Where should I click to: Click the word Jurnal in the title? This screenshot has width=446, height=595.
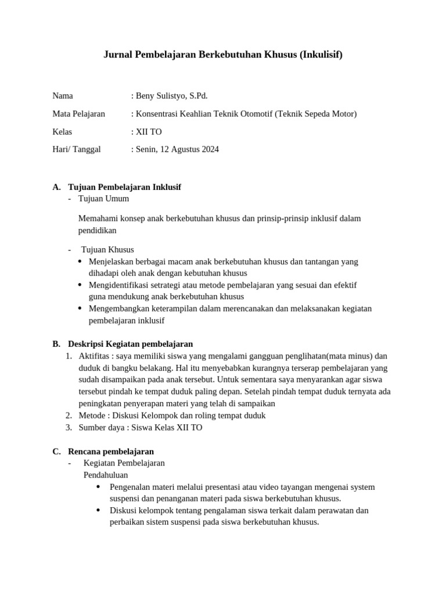[x=117, y=55]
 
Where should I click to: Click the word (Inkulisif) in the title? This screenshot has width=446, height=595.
[x=321, y=55]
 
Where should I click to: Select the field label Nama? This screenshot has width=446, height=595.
[x=63, y=96]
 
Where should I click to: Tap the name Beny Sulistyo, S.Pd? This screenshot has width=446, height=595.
[x=171, y=96]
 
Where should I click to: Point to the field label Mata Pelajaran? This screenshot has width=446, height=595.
[x=78, y=114]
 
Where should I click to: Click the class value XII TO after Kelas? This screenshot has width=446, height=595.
[x=149, y=132]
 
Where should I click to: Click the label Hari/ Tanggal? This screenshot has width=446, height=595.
[x=76, y=149]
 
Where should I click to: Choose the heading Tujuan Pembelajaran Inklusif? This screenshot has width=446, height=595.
[x=124, y=187]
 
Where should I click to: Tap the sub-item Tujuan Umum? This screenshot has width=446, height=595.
[x=103, y=199]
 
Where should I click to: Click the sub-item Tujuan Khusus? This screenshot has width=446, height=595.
[x=107, y=250]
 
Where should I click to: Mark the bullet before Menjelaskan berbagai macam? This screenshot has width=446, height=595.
[x=80, y=261]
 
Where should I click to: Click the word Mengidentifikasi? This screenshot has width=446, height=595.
[x=118, y=285]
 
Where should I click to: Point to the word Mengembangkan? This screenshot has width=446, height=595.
[x=117, y=309]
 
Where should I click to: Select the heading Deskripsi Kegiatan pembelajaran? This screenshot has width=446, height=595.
[x=130, y=344]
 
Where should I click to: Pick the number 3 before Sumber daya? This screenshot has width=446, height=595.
[x=68, y=428]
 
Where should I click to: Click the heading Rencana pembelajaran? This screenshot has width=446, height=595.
[x=110, y=451]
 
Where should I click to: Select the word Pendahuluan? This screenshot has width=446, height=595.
[x=106, y=475]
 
